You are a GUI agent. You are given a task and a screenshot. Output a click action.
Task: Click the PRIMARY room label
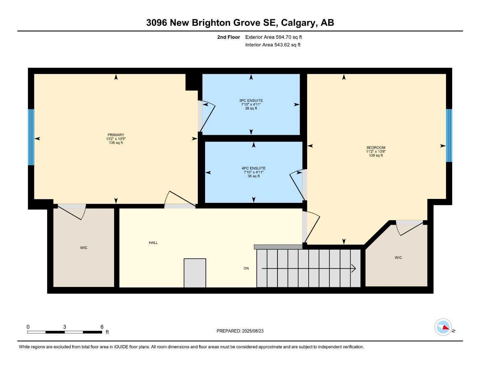[116, 135]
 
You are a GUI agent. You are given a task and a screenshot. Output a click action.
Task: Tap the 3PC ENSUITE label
[251, 100]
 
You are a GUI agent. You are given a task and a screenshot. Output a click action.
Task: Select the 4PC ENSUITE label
[254, 168]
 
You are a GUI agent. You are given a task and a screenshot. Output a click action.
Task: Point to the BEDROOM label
[376, 147]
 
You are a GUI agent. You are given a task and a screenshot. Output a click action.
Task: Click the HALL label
[153, 243]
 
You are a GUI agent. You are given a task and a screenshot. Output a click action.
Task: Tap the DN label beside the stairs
[246, 268]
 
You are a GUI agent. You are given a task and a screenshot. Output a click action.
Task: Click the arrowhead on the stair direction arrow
[354, 268]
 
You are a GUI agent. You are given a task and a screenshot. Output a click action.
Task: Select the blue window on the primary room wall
[31, 137]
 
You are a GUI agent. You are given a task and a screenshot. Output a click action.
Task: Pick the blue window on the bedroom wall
[449, 136]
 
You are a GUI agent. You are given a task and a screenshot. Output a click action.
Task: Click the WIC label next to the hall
[84, 248]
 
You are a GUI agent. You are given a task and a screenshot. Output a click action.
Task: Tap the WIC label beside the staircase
[398, 258]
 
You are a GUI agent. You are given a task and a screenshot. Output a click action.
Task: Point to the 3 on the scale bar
[64, 327]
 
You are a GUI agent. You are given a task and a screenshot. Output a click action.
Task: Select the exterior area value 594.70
[284, 37]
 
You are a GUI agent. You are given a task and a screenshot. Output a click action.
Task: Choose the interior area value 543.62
[282, 45]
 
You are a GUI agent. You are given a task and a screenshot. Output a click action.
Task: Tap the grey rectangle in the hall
[195, 273]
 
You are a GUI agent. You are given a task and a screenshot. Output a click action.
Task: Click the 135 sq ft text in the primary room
[116, 143]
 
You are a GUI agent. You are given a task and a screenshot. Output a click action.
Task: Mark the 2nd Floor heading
[228, 37]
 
